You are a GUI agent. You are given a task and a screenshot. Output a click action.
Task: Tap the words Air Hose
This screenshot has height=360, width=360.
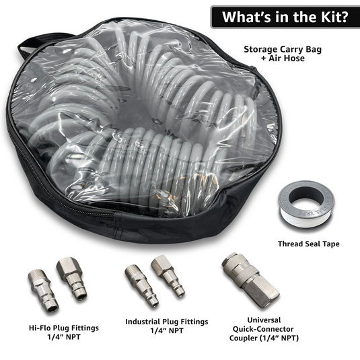pyautogui.click(x=277, y=59)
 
